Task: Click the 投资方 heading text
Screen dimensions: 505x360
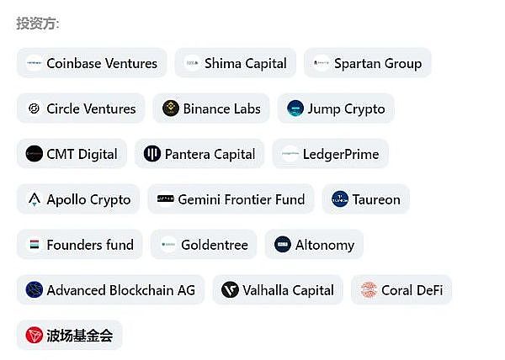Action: (38, 24)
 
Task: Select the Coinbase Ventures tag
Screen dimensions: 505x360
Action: (92, 63)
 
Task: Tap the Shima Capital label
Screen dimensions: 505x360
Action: (246, 63)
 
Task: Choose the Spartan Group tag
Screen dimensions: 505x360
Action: (368, 63)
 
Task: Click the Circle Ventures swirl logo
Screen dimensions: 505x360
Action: (35, 109)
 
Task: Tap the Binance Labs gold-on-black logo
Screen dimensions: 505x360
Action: (171, 109)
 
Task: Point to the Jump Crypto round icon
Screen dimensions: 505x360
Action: (295, 109)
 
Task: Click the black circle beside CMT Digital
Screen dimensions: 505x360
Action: (35, 153)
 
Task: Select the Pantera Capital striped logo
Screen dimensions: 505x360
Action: (152, 153)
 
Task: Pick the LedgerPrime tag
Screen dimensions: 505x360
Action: (331, 154)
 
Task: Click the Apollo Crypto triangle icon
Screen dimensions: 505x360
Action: (35, 199)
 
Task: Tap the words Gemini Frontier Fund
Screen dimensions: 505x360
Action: (242, 199)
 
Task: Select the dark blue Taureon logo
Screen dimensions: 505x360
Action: (340, 199)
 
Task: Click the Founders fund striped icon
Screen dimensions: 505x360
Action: (35, 245)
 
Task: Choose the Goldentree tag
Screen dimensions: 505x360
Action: (204, 245)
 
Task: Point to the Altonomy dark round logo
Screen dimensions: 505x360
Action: (283, 244)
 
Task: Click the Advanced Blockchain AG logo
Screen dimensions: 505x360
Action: (35, 289)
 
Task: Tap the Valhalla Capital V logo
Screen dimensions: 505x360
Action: (230, 289)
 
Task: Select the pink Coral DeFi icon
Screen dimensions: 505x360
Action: (369, 289)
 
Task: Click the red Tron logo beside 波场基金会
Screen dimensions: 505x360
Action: (35, 335)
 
